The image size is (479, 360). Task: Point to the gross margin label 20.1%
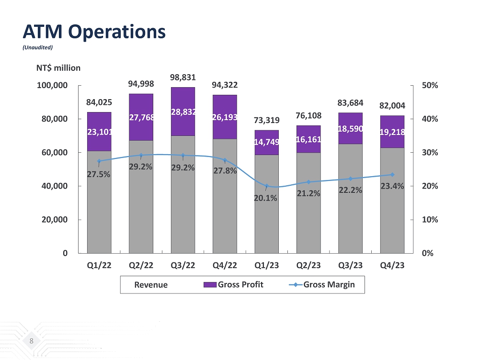tap(266, 197)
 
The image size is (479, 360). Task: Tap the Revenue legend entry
tap(151, 285)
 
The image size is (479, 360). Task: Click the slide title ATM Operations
tap(94, 32)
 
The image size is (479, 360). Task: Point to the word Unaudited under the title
tap(38, 47)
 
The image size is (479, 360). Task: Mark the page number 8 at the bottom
tap(31, 341)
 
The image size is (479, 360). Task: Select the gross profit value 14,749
tap(267, 142)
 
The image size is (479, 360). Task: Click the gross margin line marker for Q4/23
tap(392, 175)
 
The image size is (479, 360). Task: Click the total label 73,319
tap(266, 120)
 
